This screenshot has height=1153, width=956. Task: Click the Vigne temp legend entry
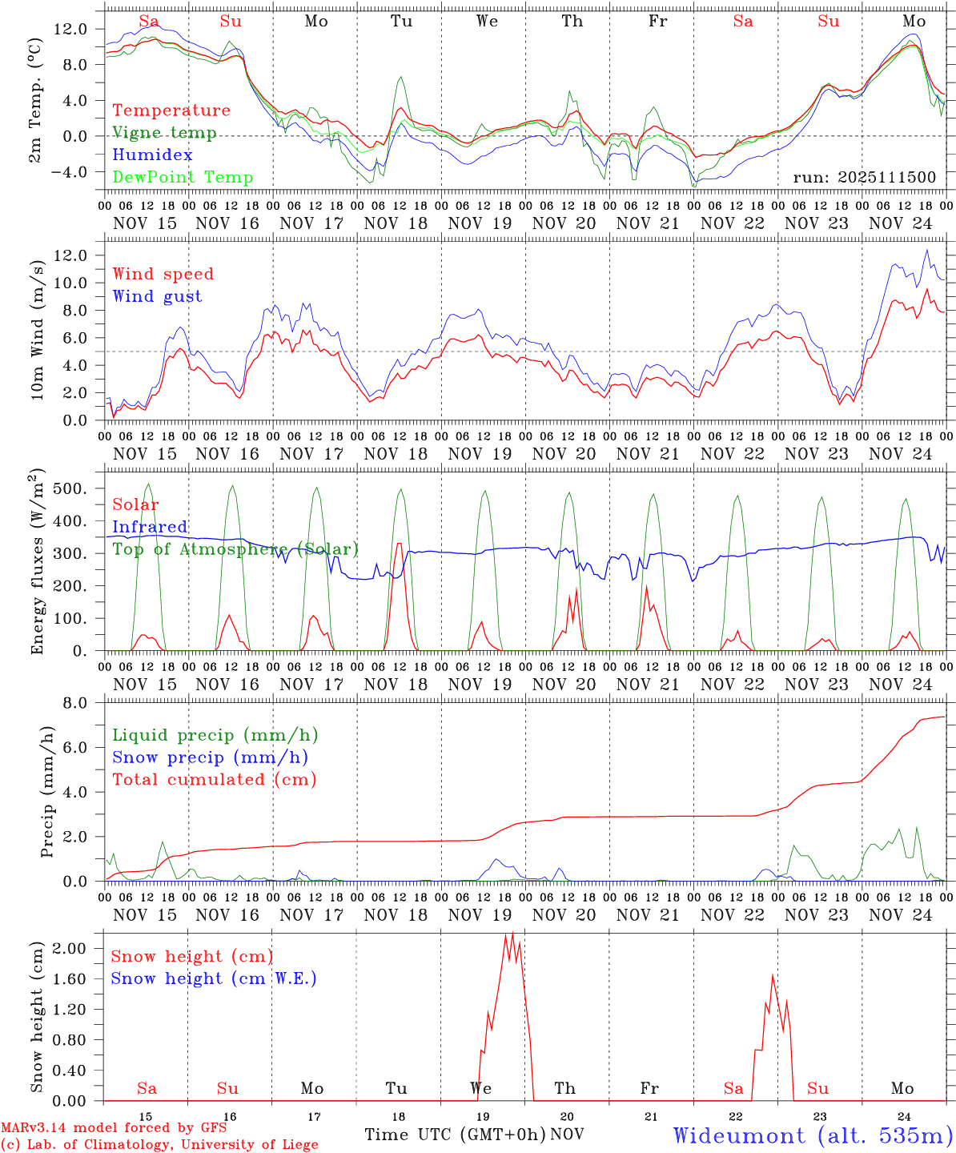tap(164, 133)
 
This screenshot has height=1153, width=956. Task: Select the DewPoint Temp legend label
tap(183, 178)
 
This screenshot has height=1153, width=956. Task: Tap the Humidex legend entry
tap(152, 155)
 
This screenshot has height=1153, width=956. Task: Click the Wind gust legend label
tap(157, 296)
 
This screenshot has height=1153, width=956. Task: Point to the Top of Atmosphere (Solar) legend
tap(235, 549)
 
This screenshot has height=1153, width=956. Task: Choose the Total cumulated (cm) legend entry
tap(215, 779)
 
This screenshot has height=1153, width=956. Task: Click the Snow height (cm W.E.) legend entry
tap(214, 978)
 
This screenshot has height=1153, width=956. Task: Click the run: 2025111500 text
tap(865, 177)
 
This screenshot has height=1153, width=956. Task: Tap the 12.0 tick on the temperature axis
tap(70, 29)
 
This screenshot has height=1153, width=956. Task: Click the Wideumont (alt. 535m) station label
tap(813, 1135)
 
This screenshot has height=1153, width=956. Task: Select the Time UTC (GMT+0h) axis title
tap(455, 1135)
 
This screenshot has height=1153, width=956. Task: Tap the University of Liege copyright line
tap(159, 1145)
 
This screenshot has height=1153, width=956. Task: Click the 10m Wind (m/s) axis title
tap(38, 327)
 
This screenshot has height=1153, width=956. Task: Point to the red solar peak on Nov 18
tap(399, 544)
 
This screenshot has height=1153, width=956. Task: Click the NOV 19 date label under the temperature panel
tap(480, 223)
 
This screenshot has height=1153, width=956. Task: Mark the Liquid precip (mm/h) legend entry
tap(215, 735)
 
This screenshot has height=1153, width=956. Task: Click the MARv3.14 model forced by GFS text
tap(114, 1128)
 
